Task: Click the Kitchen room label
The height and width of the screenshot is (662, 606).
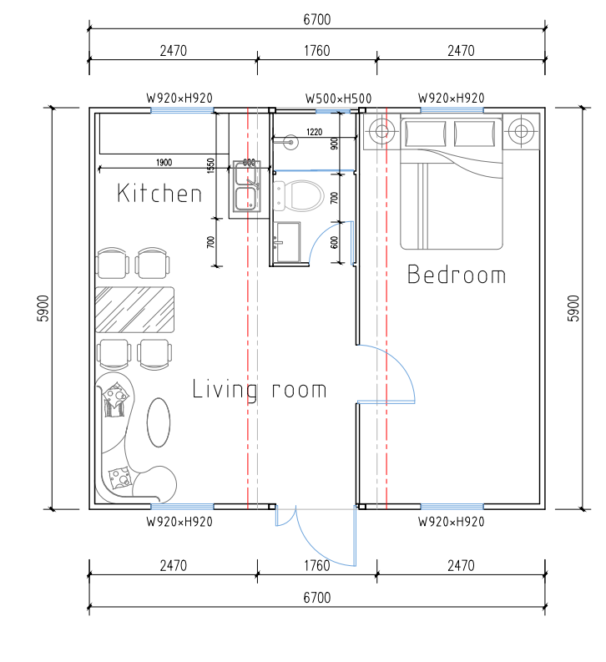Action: coord(159,194)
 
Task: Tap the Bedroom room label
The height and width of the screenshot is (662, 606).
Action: coord(457,275)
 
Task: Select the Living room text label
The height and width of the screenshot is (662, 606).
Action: coord(259,389)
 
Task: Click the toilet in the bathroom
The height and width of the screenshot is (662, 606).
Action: coord(299,195)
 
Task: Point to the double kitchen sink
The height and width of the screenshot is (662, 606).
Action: coord(246,186)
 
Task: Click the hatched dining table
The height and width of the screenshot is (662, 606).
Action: coord(134,310)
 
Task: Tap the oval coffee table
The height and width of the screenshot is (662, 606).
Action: coord(159,422)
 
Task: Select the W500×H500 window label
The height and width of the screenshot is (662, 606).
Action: coord(338,99)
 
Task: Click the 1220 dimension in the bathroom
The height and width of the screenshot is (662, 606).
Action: coord(315,132)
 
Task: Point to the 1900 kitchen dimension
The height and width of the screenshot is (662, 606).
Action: coord(164,163)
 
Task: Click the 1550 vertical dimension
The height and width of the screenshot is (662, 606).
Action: coord(211,165)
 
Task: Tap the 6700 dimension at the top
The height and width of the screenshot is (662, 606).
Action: coord(317,19)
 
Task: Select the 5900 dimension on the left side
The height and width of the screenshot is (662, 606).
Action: coord(44,308)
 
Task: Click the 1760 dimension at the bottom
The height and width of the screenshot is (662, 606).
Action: coord(317,565)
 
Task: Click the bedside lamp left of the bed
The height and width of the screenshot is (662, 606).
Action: coord(381,131)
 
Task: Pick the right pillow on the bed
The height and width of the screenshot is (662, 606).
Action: coord(474,134)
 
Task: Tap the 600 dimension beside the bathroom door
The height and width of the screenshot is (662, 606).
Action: coord(335,242)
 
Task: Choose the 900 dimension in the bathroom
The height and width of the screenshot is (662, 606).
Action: coord(335,144)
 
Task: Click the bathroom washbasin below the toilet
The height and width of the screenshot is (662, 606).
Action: coord(287,242)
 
